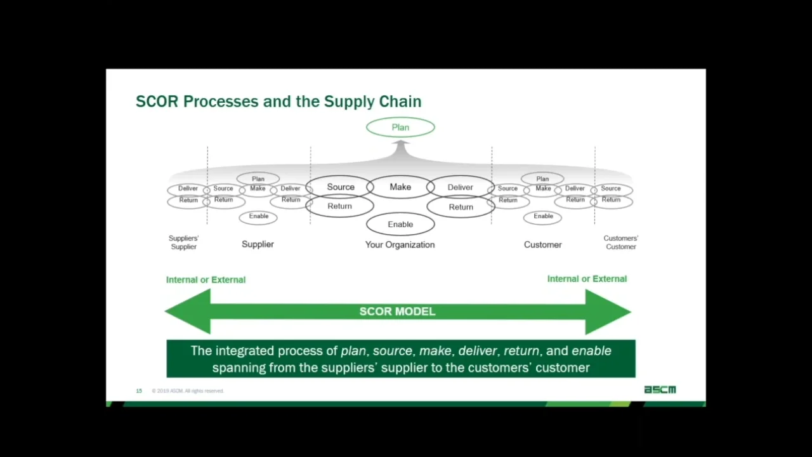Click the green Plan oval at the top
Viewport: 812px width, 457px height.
(400, 128)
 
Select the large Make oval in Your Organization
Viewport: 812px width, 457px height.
(400, 187)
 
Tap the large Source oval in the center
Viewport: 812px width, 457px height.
(341, 187)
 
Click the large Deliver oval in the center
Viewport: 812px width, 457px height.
(460, 187)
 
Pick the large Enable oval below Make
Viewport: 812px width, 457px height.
(400, 224)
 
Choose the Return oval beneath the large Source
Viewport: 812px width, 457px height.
(339, 206)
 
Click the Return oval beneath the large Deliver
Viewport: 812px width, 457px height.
(461, 207)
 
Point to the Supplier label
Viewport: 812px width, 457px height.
(258, 244)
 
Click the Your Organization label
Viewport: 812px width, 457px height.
(400, 244)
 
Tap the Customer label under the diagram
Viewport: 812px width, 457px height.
(542, 244)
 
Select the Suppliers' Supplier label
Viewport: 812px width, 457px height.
(183, 242)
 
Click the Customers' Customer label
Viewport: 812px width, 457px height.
(620, 242)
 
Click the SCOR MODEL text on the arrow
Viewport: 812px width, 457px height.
(397, 312)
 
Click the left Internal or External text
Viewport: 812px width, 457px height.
(206, 279)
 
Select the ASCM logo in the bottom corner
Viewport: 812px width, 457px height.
(660, 390)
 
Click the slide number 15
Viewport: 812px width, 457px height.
(139, 391)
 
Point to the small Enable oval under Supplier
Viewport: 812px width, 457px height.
(258, 216)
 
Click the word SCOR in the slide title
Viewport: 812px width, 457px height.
(157, 102)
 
